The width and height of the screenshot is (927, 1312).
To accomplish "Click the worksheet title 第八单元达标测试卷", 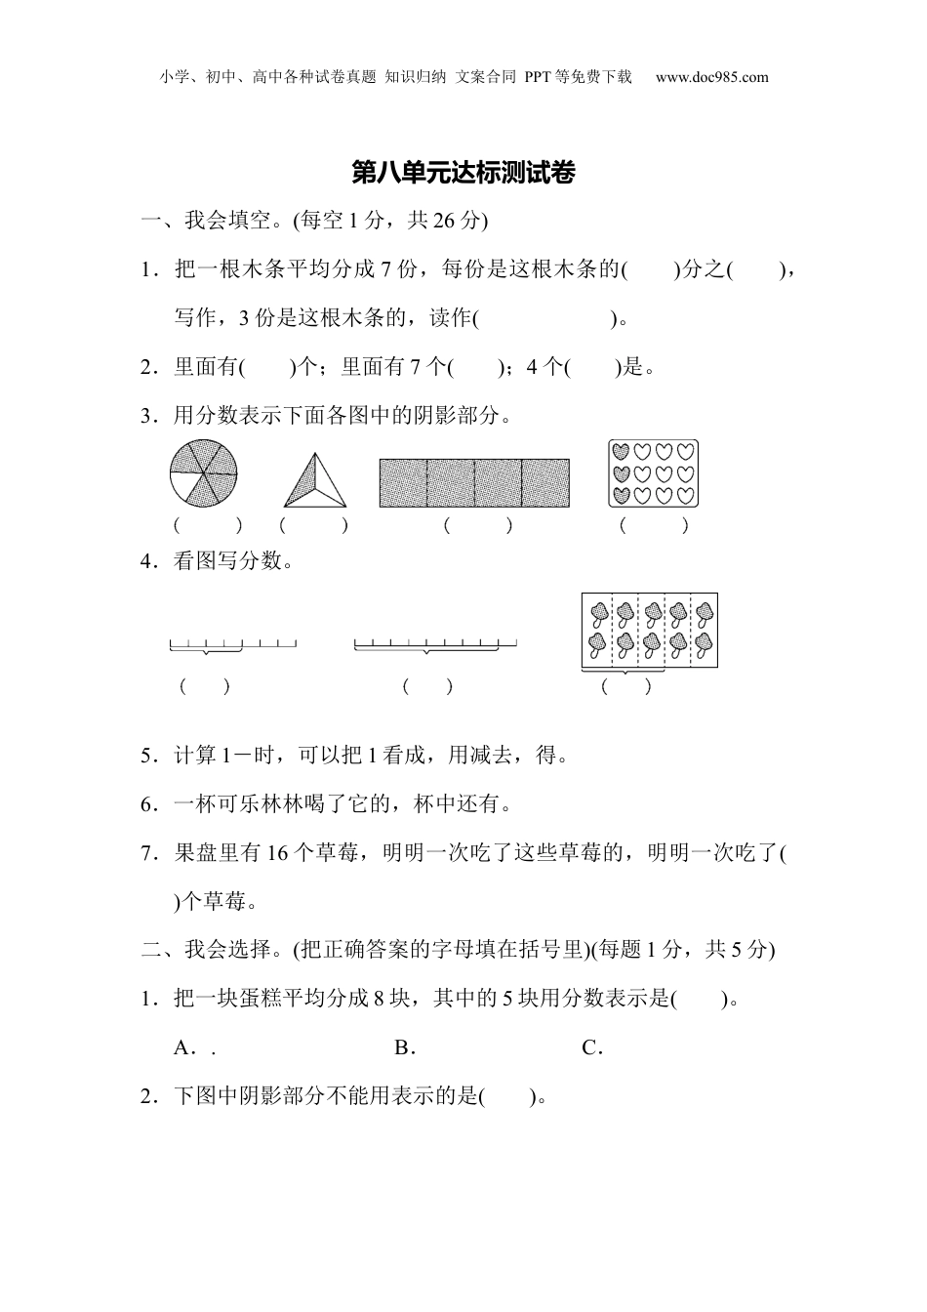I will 463,174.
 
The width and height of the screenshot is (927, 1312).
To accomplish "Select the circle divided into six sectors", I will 204,473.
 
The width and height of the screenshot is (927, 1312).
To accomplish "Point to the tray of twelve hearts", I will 654,472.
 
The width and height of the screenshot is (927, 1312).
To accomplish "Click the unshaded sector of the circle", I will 186,486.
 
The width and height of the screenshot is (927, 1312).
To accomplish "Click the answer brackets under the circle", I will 208,525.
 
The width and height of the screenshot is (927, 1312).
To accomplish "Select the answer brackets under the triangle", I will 313,525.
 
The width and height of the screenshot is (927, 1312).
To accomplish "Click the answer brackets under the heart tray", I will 654,525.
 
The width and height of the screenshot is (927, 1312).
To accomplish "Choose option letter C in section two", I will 589,1048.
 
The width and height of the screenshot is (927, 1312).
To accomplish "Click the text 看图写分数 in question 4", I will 228,561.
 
